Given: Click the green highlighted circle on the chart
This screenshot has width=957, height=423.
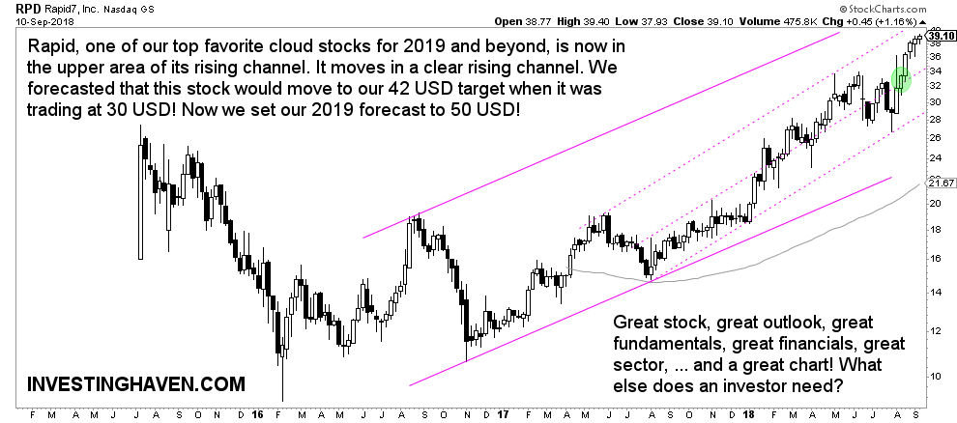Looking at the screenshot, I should [901, 79].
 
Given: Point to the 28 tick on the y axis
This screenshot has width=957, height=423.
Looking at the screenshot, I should [933, 119].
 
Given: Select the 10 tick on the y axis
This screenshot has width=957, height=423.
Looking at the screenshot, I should [933, 375].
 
